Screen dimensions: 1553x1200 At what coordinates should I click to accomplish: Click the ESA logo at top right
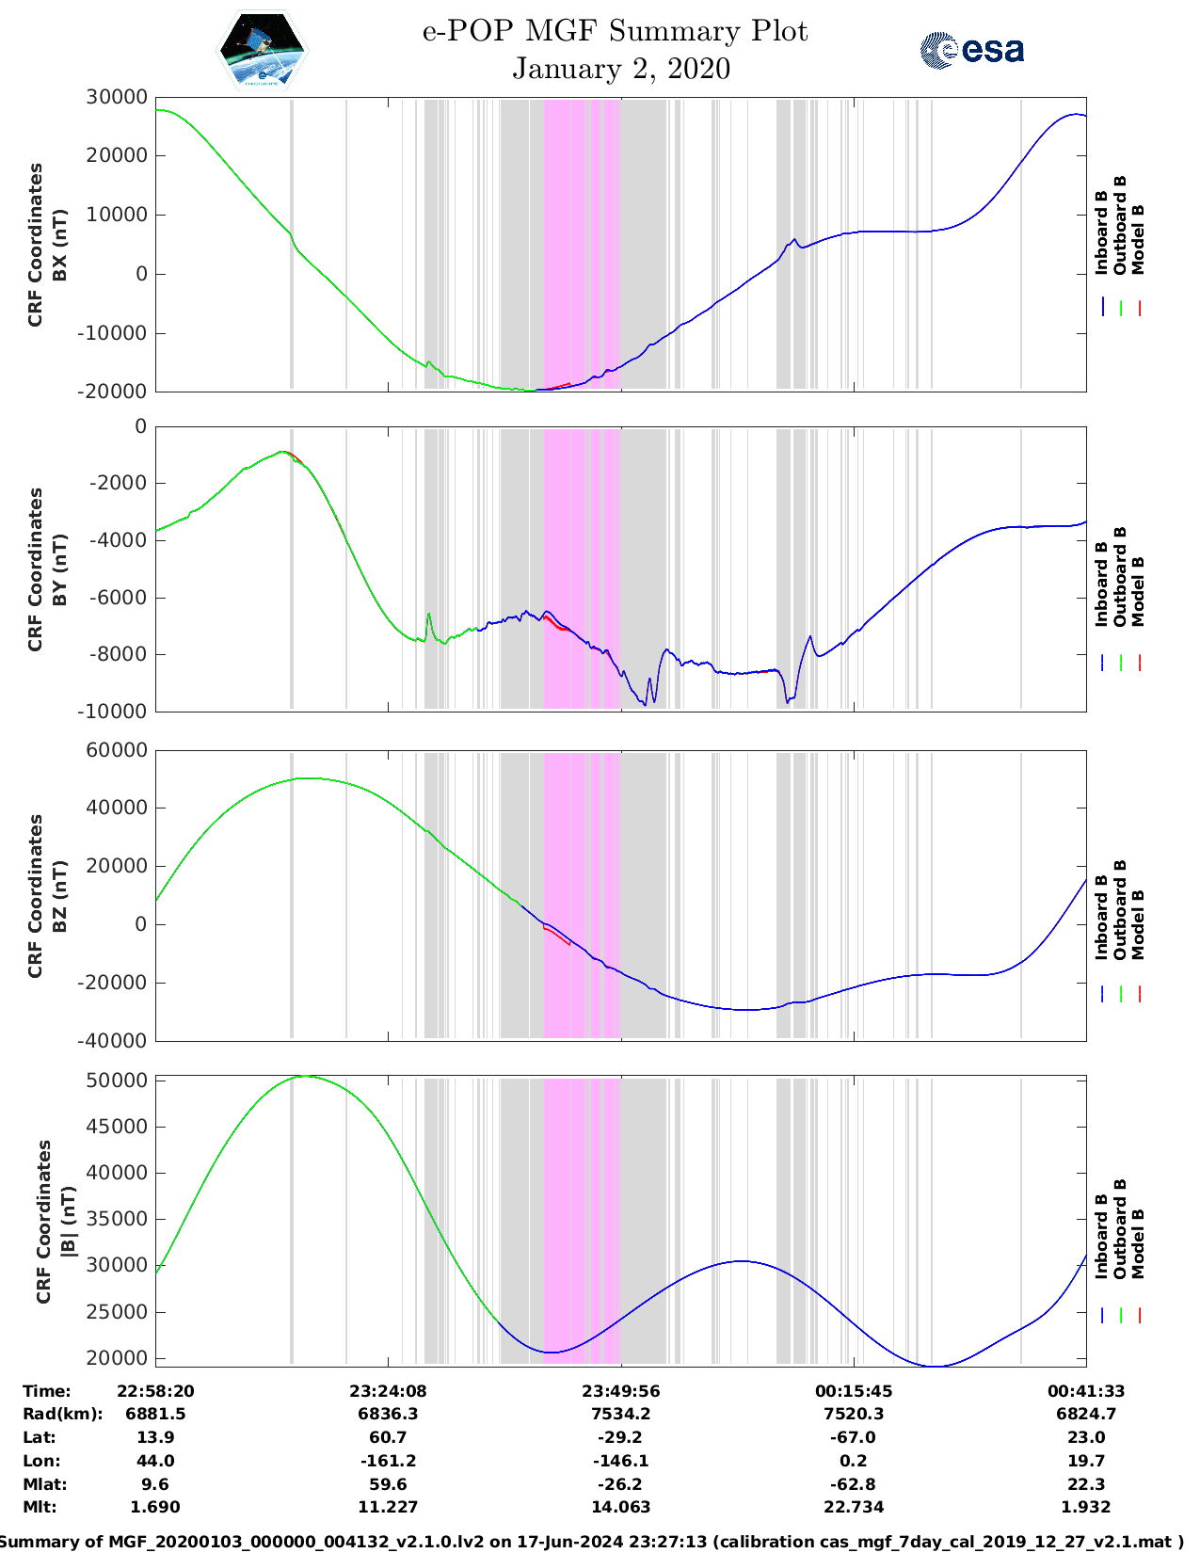972,50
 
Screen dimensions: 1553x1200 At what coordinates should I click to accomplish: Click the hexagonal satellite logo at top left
263,50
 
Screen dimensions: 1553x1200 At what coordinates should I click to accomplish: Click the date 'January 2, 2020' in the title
621,69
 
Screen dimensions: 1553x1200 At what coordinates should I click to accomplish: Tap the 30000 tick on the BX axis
117,97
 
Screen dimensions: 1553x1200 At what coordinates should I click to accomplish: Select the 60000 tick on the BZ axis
117,750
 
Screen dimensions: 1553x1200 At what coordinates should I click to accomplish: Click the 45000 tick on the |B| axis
117,1127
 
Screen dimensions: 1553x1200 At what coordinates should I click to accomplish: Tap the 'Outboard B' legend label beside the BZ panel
1120,910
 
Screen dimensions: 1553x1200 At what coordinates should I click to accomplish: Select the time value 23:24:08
388,1391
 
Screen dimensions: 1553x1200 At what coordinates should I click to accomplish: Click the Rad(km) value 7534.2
620,1414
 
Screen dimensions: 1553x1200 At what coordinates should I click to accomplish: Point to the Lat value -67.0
854,1437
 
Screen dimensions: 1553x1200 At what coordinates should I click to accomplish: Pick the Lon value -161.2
388,1461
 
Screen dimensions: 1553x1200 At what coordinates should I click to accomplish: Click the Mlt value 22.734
854,1507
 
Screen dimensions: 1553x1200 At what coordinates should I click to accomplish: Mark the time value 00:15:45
854,1391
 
